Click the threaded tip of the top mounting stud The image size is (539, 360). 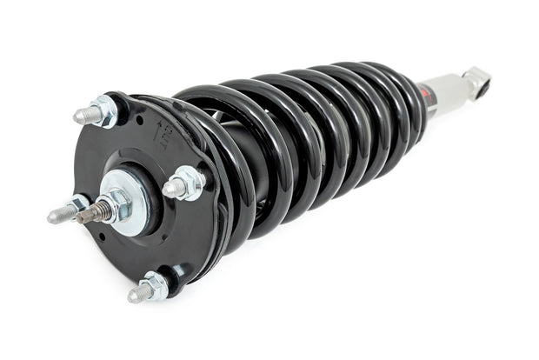(80, 115)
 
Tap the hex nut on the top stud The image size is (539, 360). (104, 110)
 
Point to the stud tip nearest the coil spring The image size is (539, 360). (170, 187)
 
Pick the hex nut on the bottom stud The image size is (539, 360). (155, 285)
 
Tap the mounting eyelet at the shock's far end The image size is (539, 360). (476, 79)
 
